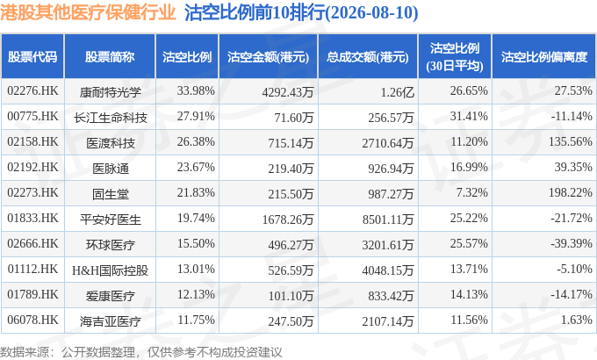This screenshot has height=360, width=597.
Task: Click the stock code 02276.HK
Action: coord(32,91)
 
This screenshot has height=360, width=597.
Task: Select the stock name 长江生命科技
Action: coord(111,118)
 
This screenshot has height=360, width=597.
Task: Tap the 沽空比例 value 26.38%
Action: coord(196,141)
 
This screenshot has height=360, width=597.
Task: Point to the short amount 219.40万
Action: coord(291,169)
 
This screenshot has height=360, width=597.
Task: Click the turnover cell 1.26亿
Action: coord(397,92)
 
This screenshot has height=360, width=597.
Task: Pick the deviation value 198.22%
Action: coord(570,193)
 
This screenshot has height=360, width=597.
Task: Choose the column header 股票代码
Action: coord(32,57)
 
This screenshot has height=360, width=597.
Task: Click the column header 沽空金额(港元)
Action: coord(268,57)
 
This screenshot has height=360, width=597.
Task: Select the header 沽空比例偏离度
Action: coord(544,57)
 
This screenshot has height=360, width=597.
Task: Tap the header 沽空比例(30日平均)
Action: coord(455,57)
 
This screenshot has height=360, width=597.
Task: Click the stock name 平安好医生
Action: coord(111,220)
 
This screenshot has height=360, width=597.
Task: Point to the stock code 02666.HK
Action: coord(32,244)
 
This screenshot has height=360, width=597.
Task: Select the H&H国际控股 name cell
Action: coord(110,270)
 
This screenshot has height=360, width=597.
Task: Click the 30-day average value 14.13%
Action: coord(469,294)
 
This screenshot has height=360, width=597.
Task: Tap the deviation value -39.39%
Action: coord(572,243)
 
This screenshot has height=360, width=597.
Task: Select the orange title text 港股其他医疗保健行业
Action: coord(88,12)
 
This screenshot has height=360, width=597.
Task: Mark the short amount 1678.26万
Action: coord(287,220)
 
